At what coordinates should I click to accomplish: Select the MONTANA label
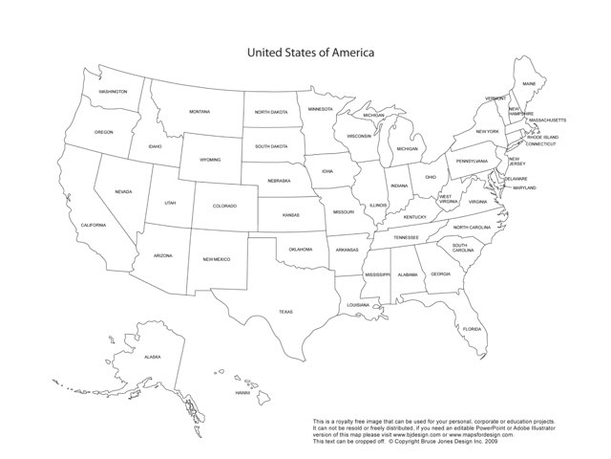pyautogui.click(x=200, y=112)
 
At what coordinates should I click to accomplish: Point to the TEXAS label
pyautogui.click(x=285, y=312)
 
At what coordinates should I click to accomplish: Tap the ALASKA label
pyautogui.click(x=153, y=357)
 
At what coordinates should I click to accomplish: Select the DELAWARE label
pyautogui.click(x=516, y=179)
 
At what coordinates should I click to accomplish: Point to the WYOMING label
pyautogui.click(x=209, y=160)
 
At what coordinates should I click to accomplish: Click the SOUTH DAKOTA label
pyautogui.click(x=271, y=146)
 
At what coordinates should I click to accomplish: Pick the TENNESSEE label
pyautogui.click(x=407, y=237)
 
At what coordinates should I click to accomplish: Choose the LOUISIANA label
pyautogui.click(x=358, y=305)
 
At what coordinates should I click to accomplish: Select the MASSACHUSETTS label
pyautogui.click(x=548, y=120)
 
